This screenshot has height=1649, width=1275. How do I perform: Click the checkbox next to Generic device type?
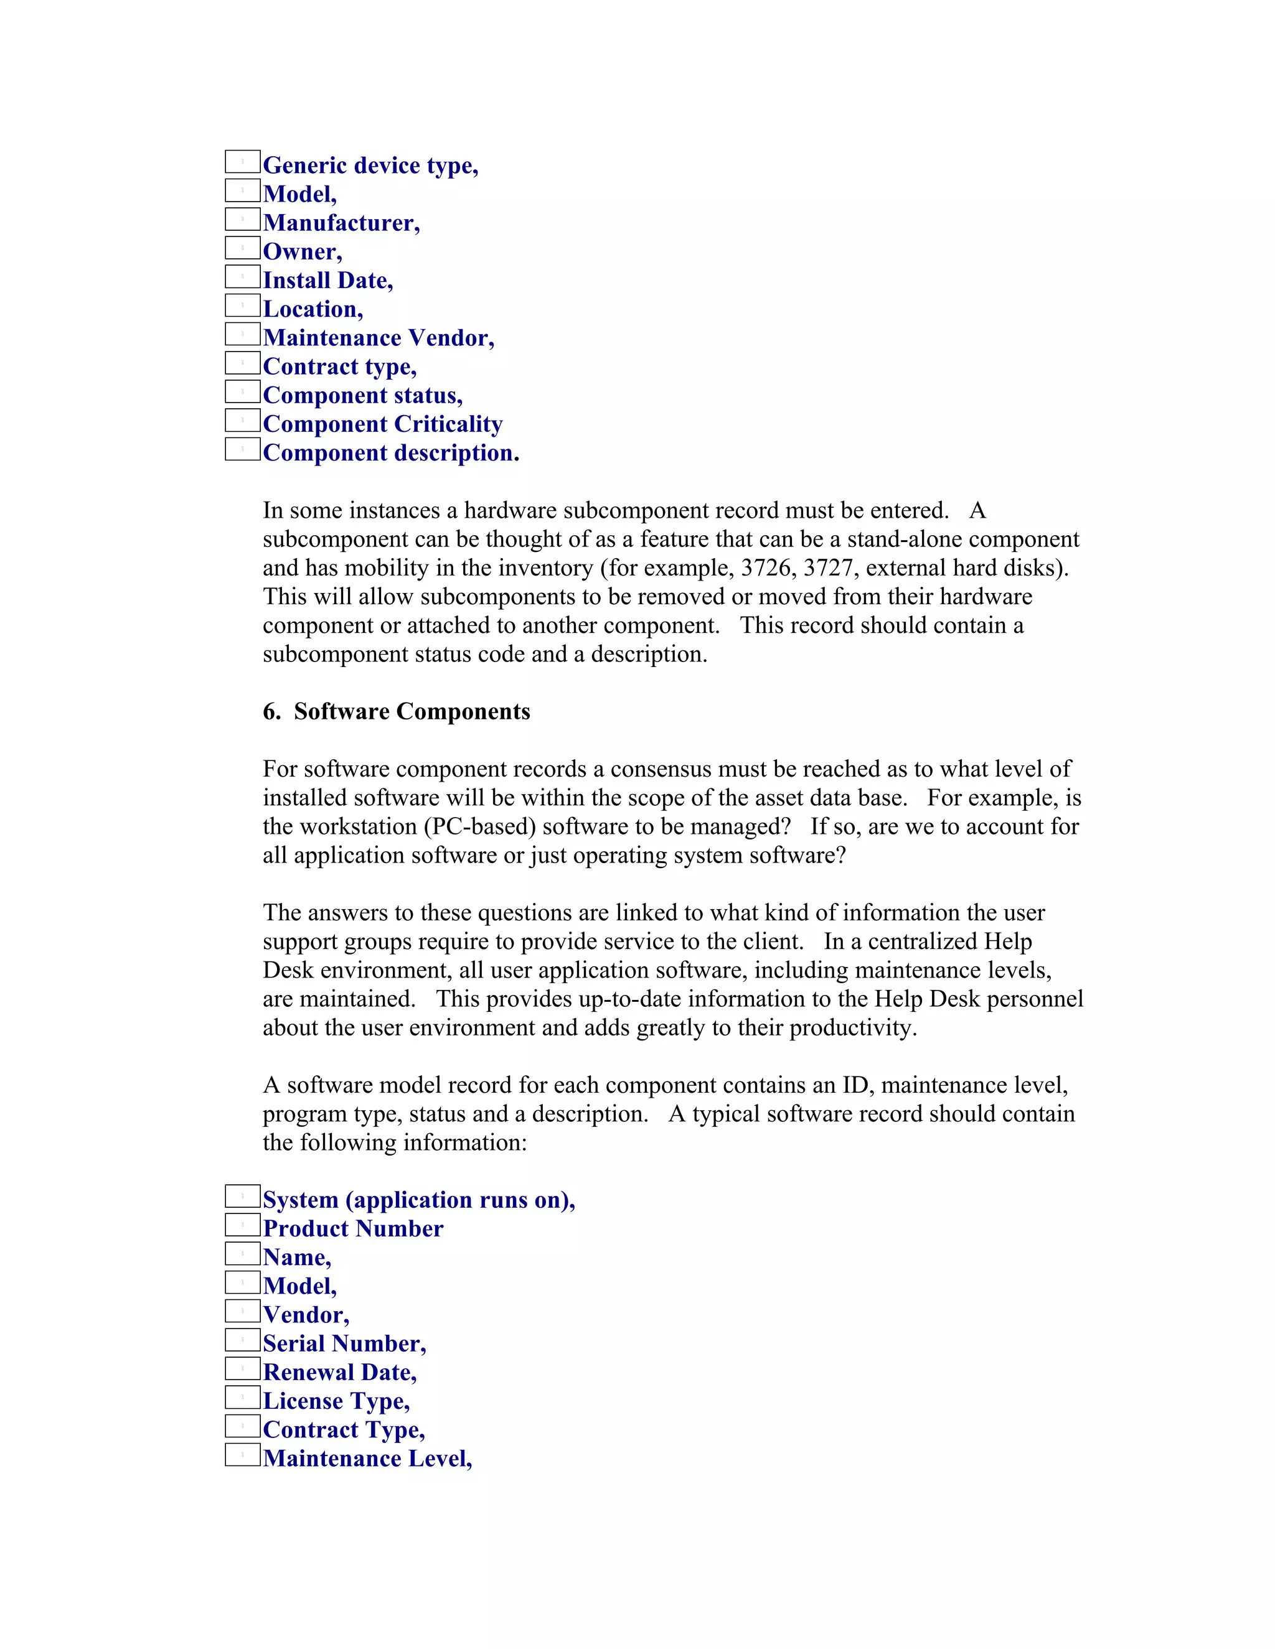(242, 162)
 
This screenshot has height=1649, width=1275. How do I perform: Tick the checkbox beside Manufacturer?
(242, 220)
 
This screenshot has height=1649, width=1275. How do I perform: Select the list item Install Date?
(328, 280)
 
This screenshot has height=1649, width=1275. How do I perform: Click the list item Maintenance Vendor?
(379, 337)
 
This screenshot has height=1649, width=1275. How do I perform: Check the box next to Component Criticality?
(242, 421)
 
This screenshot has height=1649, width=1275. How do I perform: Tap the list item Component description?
(390, 453)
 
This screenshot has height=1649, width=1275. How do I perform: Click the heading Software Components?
(412, 711)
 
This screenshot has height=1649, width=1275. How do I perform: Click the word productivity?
(852, 1027)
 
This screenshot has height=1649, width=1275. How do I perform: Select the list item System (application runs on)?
(418, 1200)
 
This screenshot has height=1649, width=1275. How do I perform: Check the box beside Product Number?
(242, 1225)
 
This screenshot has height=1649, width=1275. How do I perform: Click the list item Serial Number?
(344, 1343)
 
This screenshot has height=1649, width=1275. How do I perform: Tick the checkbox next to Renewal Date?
(242, 1369)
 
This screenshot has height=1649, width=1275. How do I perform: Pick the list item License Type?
(336, 1401)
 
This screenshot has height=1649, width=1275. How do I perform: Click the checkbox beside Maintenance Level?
(242, 1455)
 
